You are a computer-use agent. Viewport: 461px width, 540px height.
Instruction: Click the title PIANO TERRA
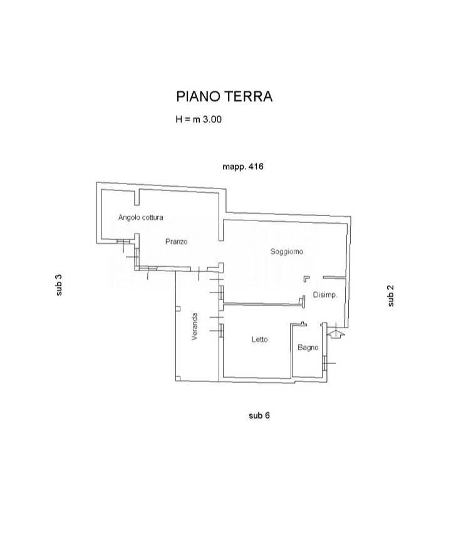(224, 96)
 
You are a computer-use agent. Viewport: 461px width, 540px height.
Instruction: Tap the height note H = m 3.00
(199, 120)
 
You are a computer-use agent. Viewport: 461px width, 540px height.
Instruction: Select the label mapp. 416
(243, 167)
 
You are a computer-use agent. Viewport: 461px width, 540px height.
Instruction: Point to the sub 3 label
(60, 285)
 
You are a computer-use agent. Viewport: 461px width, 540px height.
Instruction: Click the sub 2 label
(391, 296)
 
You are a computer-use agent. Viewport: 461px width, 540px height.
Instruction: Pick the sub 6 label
(259, 416)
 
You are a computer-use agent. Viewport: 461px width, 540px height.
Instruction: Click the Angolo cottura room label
(141, 217)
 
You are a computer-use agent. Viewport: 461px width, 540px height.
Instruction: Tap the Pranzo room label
(176, 242)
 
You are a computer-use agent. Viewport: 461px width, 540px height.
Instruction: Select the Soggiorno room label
(287, 252)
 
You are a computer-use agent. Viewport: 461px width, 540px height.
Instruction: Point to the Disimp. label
(325, 295)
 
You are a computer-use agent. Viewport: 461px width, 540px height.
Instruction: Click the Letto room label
(259, 340)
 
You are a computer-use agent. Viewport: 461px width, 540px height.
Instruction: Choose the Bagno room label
(308, 348)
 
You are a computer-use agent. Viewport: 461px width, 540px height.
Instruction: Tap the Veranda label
(195, 327)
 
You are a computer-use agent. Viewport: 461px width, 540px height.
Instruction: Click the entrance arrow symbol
(336, 333)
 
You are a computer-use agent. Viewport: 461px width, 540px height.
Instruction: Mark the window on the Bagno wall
(324, 363)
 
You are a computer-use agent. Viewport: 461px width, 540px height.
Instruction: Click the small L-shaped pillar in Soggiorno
(306, 278)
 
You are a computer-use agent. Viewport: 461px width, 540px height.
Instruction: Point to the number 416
(256, 167)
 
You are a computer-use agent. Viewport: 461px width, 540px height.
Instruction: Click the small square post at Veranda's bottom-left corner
(178, 378)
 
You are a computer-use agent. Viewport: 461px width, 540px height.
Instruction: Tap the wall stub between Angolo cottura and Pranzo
(137, 197)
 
